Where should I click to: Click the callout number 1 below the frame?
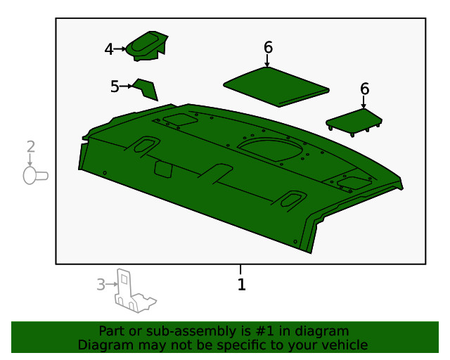(x=242, y=285)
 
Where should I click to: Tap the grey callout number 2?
(x=31, y=146)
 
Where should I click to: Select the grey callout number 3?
(x=101, y=285)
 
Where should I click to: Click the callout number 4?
(x=109, y=49)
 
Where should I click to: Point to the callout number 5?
(x=115, y=86)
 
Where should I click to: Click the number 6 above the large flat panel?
(x=268, y=47)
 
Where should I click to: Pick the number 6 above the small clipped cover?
(x=364, y=89)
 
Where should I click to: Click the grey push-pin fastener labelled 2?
(x=35, y=176)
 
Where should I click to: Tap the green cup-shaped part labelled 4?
(x=147, y=46)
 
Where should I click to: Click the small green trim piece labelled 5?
(x=146, y=89)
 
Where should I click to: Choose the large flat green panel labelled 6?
(x=276, y=86)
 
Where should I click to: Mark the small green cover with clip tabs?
(x=354, y=122)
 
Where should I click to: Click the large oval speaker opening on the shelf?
(x=270, y=149)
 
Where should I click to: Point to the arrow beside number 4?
(x=120, y=49)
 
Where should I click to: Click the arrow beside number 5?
(x=127, y=86)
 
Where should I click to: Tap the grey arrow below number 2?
(x=30, y=160)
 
